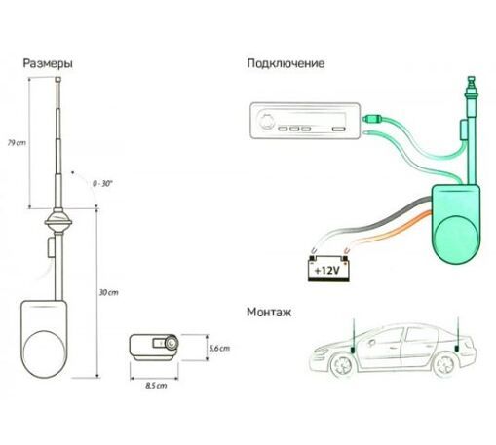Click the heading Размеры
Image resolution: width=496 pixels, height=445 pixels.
48,64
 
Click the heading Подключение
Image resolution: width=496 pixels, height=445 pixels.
286,64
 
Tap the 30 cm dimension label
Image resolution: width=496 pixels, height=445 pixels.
108,293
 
